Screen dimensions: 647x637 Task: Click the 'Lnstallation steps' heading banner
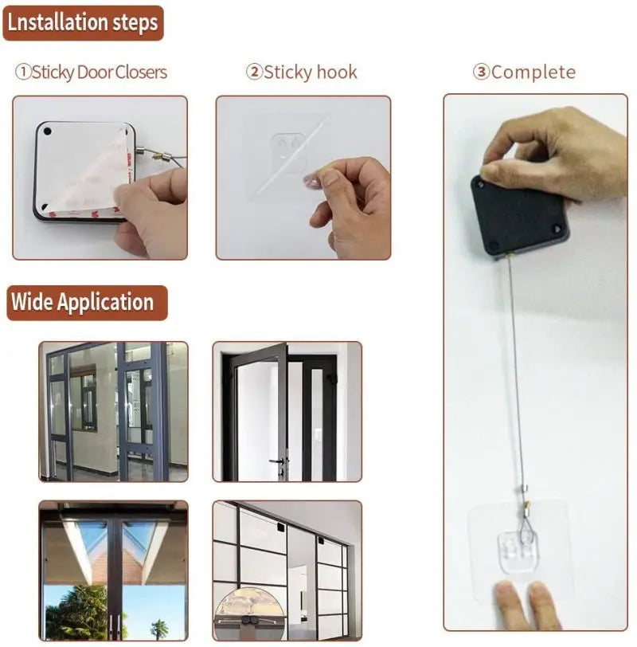pyautogui.click(x=83, y=22)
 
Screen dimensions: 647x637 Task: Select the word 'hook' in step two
pyautogui.click(x=337, y=73)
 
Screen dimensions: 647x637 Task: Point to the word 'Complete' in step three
pyautogui.click(x=533, y=73)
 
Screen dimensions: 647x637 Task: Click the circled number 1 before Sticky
pyautogui.click(x=23, y=73)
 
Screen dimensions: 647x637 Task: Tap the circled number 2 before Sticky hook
pyautogui.click(x=254, y=73)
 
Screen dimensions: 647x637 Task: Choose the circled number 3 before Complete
pyautogui.click(x=481, y=73)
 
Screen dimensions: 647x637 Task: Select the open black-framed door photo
pyautogui.click(x=287, y=411)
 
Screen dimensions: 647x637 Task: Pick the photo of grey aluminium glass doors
pyautogui.click(x=113, y=411)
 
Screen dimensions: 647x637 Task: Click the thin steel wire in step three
pyautogui.click(x=515, y=359)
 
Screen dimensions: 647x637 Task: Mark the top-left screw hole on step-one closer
pyautogui.click(x=47, y=130)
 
